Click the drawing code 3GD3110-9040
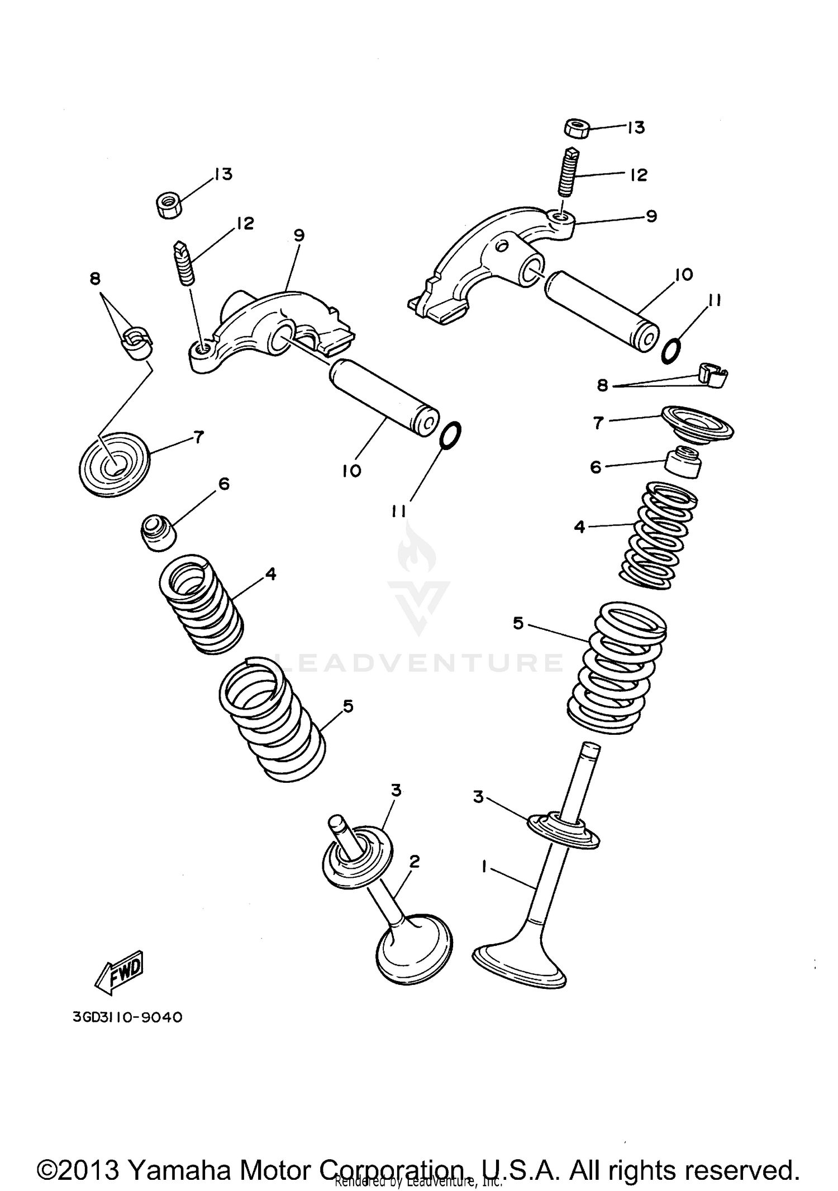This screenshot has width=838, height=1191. click(127, 1017)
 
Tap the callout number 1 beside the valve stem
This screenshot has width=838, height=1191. click(484, 865)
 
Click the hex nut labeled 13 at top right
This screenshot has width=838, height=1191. click(576, 128)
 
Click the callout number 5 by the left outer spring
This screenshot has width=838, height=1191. click(348, 706)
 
